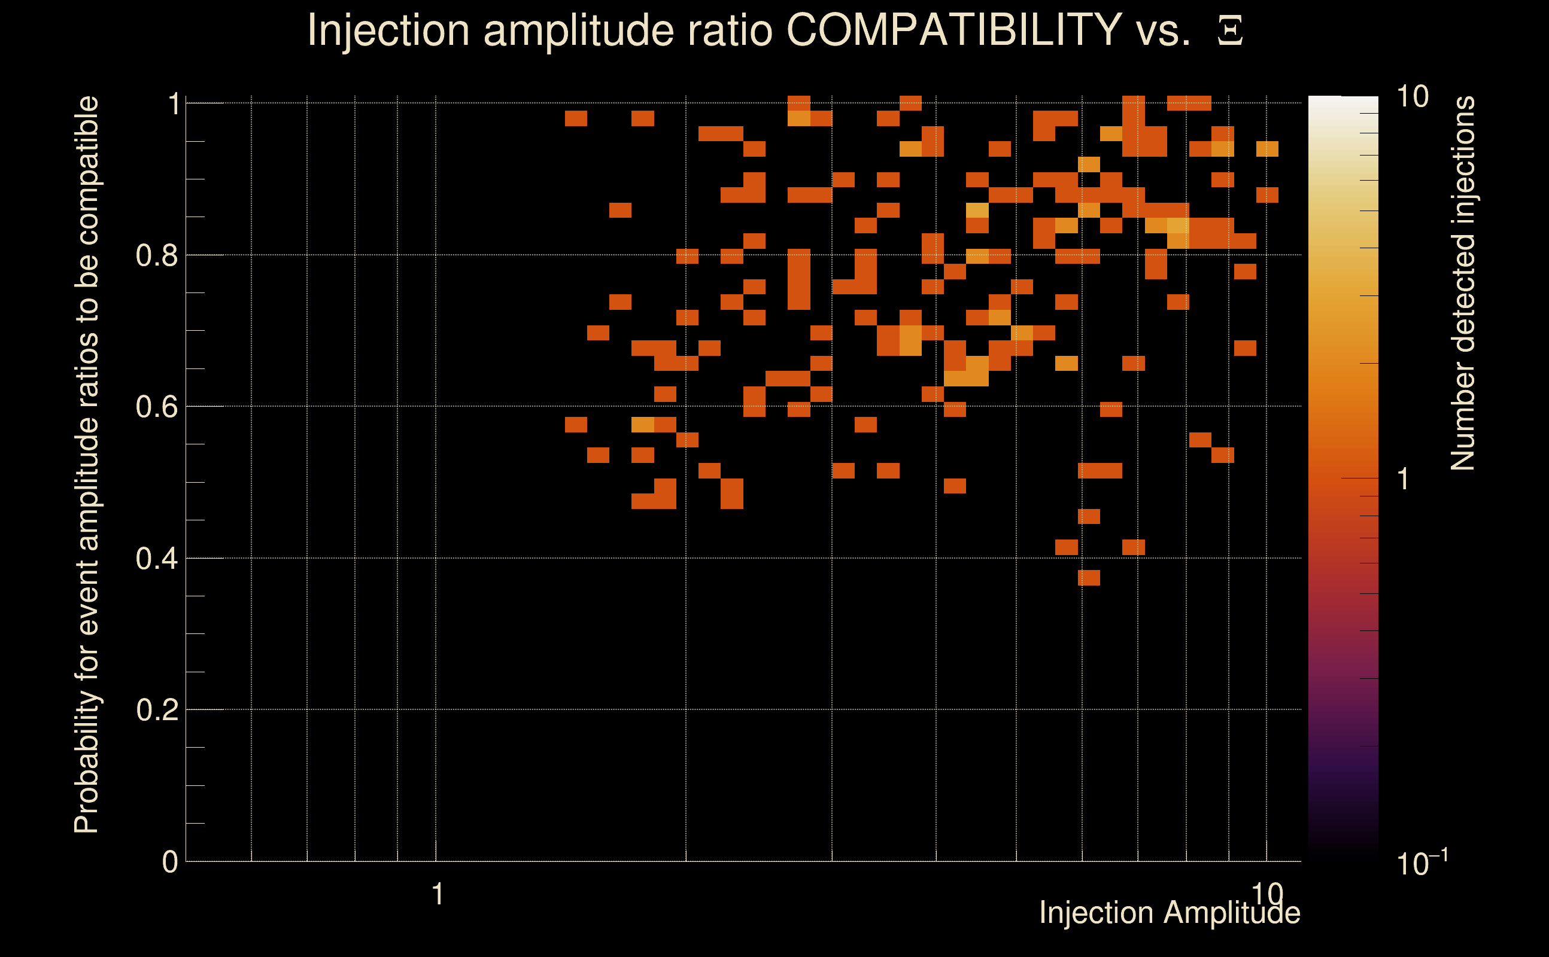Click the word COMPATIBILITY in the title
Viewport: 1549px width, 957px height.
coord(953,30)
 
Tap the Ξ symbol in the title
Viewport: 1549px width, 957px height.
coord(1230,31)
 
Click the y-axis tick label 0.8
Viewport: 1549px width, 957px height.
coord(156,256)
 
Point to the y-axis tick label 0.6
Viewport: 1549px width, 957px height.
coord(156,407)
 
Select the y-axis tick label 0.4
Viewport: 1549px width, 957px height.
coord(156,559)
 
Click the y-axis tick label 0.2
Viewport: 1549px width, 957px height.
coord(156,710)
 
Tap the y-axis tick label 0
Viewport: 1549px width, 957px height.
coord(170,862)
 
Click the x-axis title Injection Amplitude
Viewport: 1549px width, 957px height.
coord(1170,913)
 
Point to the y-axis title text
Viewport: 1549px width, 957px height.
coord(87,465)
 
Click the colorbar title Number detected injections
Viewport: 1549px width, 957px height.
coord(1463,284)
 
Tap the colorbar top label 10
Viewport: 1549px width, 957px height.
coord(1412,97)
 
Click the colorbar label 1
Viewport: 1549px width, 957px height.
coord(1404,479)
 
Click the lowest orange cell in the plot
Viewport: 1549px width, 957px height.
coord(1089,578)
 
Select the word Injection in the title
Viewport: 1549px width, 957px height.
coord(388,30)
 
